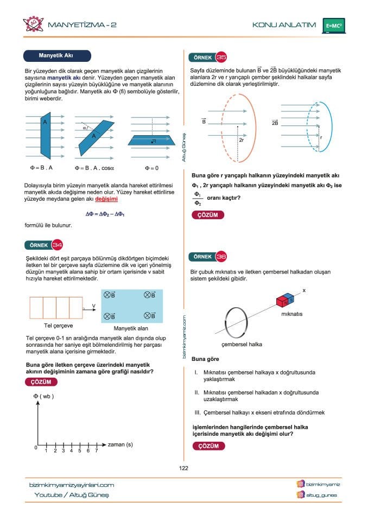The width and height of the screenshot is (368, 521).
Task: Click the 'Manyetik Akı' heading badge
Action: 56,56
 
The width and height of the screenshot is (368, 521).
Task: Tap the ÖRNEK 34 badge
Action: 43,245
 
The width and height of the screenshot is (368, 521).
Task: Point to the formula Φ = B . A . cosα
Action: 93,168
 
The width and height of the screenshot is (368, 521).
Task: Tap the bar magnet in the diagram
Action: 285,300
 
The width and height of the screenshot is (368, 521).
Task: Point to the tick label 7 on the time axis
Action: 96,451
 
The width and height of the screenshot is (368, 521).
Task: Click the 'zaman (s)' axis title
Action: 120,444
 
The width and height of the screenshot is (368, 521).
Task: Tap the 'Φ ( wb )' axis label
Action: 44,396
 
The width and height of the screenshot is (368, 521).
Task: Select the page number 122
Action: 183,468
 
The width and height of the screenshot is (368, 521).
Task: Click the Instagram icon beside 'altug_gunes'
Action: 300,495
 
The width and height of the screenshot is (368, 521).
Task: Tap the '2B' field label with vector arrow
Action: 275,123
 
